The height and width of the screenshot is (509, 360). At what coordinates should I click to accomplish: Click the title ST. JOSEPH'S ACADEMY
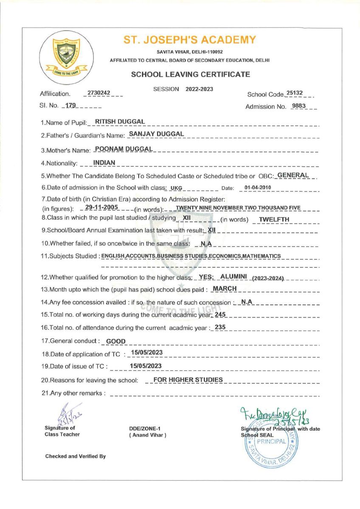pos(190,40)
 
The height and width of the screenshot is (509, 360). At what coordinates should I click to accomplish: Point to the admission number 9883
pos(299,106)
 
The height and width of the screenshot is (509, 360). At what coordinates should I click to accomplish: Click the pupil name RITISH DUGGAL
pos(120,122)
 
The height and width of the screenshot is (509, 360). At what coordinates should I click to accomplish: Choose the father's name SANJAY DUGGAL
pos(156,134)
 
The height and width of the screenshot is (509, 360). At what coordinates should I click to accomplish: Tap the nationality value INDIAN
pos(104,162)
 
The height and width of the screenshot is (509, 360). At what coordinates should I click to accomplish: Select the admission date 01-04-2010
pos(258,187)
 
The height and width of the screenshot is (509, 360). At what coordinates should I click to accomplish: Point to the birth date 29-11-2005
pos(101,207)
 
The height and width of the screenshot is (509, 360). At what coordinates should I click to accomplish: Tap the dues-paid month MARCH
pos(225,289)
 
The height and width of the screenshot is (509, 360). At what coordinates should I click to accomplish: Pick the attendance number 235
pos(220,327)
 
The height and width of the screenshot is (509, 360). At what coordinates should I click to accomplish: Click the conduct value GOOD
pos(115,341)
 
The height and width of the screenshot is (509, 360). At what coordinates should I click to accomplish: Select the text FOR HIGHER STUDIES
pos(188,380)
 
